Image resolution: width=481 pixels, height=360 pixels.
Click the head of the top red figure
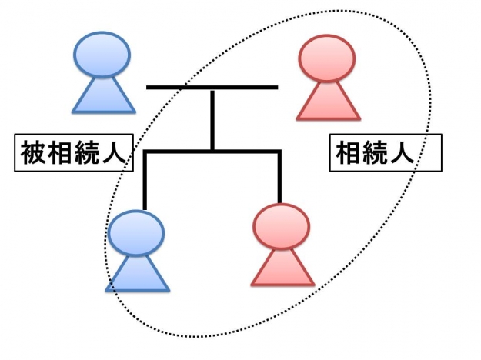point(328,58)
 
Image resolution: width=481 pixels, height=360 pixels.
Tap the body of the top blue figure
point(102,96)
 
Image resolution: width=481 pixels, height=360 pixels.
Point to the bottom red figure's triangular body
point(282,268)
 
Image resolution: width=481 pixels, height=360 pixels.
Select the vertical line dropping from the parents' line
point(212,119)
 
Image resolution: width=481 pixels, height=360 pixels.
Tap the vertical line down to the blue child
point(144,181)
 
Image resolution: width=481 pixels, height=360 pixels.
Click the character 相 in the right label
point(349,153)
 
